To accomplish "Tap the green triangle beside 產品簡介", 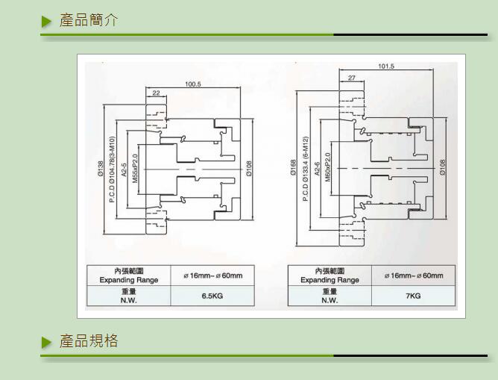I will tap(47, 21).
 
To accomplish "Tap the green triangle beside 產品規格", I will tap(47, 342).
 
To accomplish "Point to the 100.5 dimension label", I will tap(193, 84).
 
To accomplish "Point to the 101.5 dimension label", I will tap(386, 67).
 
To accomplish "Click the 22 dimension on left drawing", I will tap(156, 93).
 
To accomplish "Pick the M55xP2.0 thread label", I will tap(135, 169).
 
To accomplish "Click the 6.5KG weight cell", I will tap(212, 296).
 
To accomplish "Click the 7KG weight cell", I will tap(413, 296).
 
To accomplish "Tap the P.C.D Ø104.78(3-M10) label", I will tap(112, 169).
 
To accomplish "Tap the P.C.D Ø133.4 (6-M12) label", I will tap(305, 169).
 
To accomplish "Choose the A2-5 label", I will tap(124, 169).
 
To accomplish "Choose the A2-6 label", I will tap(317, 169).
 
